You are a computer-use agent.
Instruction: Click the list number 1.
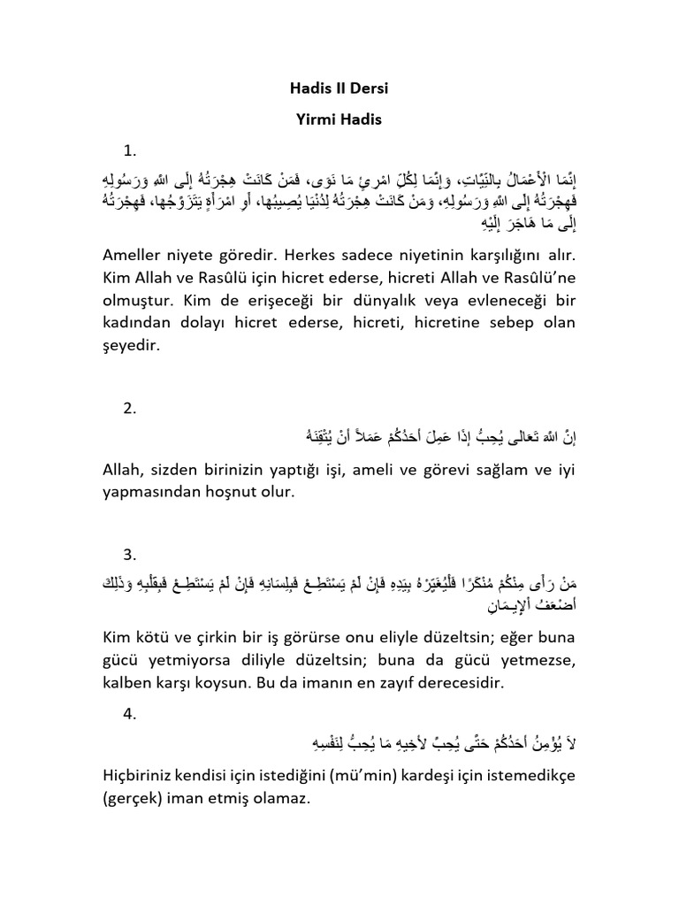tap(131, 149)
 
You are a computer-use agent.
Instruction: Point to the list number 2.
tap(131, 408)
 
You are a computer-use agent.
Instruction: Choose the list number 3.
tap(131, 555)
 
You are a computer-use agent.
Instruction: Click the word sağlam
tap(505, 469)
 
